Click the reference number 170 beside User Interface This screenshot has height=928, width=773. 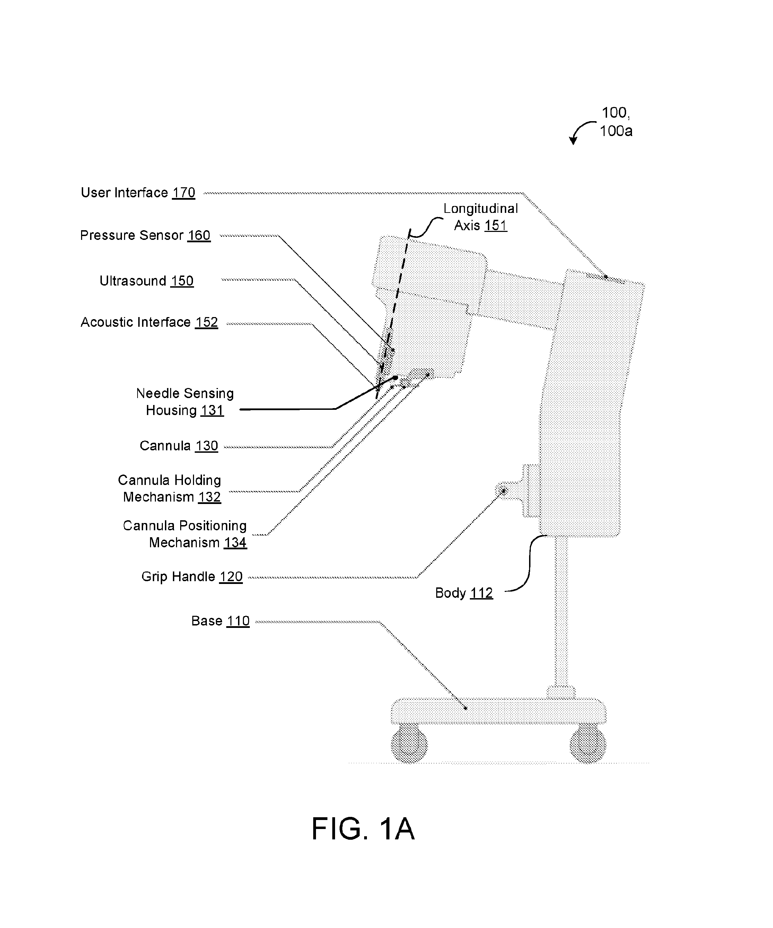184,193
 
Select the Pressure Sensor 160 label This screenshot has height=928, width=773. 145,235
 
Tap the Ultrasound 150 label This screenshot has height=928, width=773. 146,281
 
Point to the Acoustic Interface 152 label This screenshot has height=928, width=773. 149,322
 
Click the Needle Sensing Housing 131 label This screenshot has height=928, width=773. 185,402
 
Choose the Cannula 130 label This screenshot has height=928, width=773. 179,446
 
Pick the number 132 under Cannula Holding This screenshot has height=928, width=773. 209,497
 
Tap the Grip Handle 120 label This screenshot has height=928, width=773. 192,577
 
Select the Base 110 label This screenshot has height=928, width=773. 220,621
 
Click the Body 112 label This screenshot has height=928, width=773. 464,593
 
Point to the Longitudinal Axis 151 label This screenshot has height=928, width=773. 481,217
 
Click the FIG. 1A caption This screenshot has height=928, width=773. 363,829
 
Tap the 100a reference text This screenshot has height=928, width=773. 616,131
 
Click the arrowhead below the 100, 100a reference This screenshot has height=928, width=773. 573,141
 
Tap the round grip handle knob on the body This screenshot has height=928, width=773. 502,490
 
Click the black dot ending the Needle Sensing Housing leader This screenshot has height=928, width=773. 395,378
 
